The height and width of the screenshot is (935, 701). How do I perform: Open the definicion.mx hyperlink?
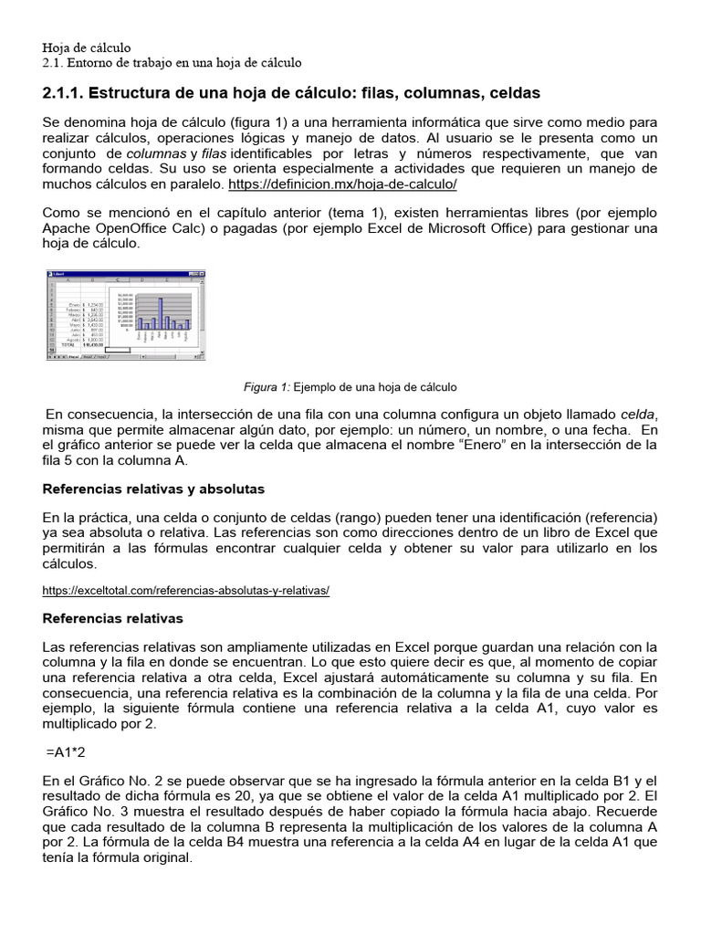341,184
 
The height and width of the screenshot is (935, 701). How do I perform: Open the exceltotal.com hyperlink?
186,590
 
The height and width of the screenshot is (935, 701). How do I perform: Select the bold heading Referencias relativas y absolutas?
153,489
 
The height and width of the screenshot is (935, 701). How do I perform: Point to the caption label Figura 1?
267,387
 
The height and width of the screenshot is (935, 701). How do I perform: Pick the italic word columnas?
156,152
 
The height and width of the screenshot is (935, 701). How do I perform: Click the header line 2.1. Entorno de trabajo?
172,62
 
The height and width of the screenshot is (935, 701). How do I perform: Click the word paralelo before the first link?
193,184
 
